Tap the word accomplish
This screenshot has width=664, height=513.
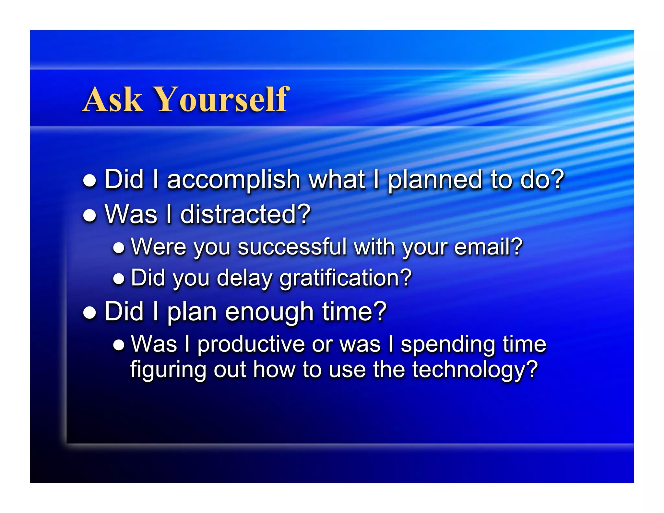(x=233, y=180)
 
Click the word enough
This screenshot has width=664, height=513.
(x=269, y=312)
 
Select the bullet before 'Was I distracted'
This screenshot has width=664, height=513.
(x=89, y=215)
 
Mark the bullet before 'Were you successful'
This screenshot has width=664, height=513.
(x=119, y=248)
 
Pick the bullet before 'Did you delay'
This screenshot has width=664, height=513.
(x=119, y=279)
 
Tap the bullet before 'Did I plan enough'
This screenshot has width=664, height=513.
(x=89, y=313)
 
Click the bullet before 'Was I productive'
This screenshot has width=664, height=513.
(x=119, y=345)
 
